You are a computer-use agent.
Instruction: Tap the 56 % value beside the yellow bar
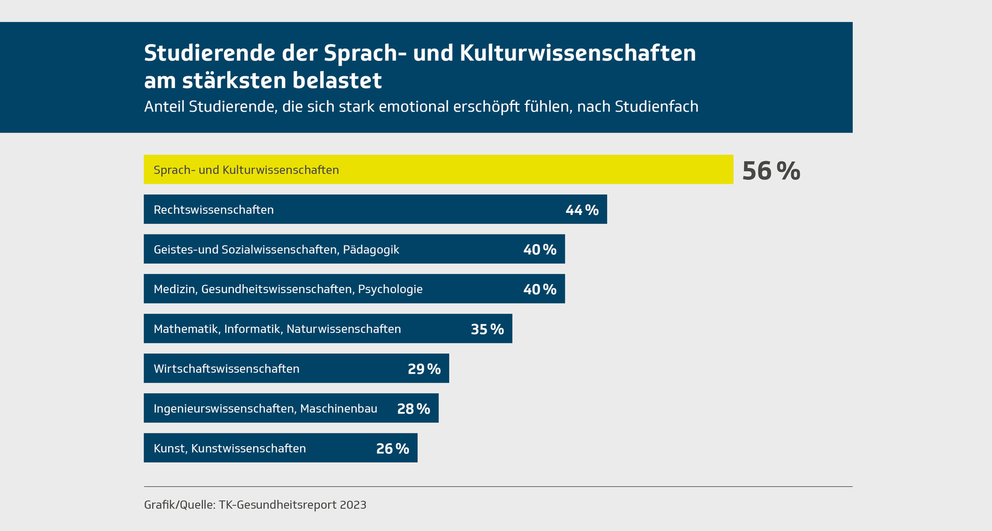[x=771, y=171]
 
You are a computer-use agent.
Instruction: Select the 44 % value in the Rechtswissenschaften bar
[x=582, y=210]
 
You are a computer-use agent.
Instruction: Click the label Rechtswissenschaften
[x=214, y=210]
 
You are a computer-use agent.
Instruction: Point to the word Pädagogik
[x=371, y=250]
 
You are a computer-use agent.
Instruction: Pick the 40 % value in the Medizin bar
[x=539, y=289]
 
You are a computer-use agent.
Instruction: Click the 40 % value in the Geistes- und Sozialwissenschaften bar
[x=539, y=250]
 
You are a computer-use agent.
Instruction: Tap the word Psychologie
[x=390, y=289]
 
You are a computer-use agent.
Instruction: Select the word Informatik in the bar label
[x=253, y=329]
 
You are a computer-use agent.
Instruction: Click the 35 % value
[x=487, y=329]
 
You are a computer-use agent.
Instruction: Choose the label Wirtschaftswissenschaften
[x=227, y=369]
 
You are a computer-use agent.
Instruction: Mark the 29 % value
[x=424, y=369]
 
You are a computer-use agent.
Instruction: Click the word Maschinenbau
[x=338, y=409]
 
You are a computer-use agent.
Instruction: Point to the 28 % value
[x=414, y=409]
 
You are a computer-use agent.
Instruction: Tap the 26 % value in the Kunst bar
[x=393, y=449]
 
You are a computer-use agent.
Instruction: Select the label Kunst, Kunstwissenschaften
[x=230, y=449]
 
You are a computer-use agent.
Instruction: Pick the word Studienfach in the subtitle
[x=656, y=107]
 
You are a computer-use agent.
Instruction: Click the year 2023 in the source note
[x=353, y=505]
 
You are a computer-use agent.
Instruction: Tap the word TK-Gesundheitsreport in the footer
[x=277, y=505]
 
